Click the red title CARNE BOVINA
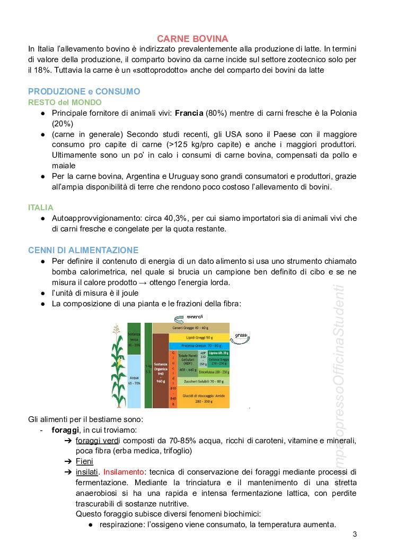coord(192,39)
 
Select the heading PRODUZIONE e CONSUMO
coord(84,91)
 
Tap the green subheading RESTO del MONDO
coord(65,102)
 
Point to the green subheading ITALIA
coord(41,208)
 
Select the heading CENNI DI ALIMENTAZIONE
coord(83,250)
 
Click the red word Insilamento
coord(124,471)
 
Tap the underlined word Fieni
coord(84,461)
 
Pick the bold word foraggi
coord(65,429)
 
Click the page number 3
coord(355,534)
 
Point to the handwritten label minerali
coord(194,317)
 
